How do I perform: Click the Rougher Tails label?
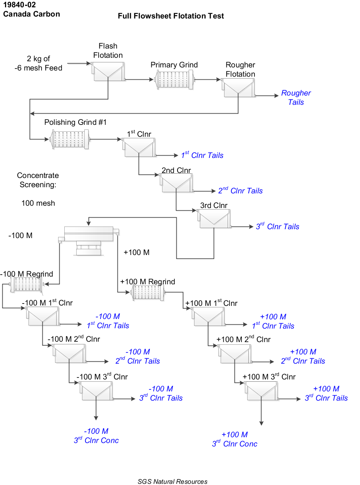(x=296, y=97)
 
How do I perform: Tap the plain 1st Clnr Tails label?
(x=202, y=155)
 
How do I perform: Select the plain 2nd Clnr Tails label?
(x=240, y=191)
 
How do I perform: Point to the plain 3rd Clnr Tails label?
(x=277, y=227)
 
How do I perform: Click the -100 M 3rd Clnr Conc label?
(x=96, y=436)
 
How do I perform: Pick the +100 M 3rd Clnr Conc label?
(x=234, y=439)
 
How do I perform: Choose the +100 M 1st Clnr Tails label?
(x=273, y=321)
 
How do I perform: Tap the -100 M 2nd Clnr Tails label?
(x=137, y=357)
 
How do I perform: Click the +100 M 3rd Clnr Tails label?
(x=326, y=394)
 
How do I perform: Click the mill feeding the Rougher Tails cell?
(x=175, y=80)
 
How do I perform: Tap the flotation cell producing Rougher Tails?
(x=238, y=88)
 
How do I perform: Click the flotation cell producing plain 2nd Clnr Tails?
(x=176, y=183)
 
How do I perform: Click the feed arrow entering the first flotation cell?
(x=88, y=64)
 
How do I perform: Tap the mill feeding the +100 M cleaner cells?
(x=148, y=293)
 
